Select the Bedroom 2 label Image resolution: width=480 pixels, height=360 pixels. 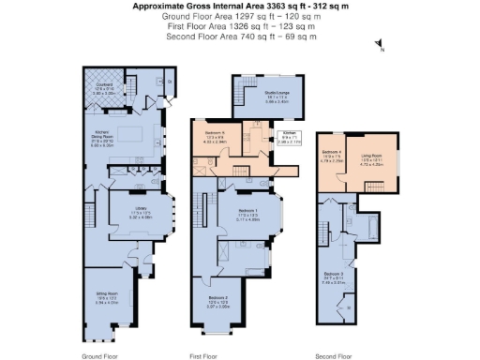tap(217, 301)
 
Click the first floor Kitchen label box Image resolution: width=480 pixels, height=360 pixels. tap(291, 140)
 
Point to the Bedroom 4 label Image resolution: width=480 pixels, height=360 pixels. tap(331, 155)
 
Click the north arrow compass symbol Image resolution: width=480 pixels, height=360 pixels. tap(378, 45)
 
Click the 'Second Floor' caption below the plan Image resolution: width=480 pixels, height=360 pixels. tap(335, 355)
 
